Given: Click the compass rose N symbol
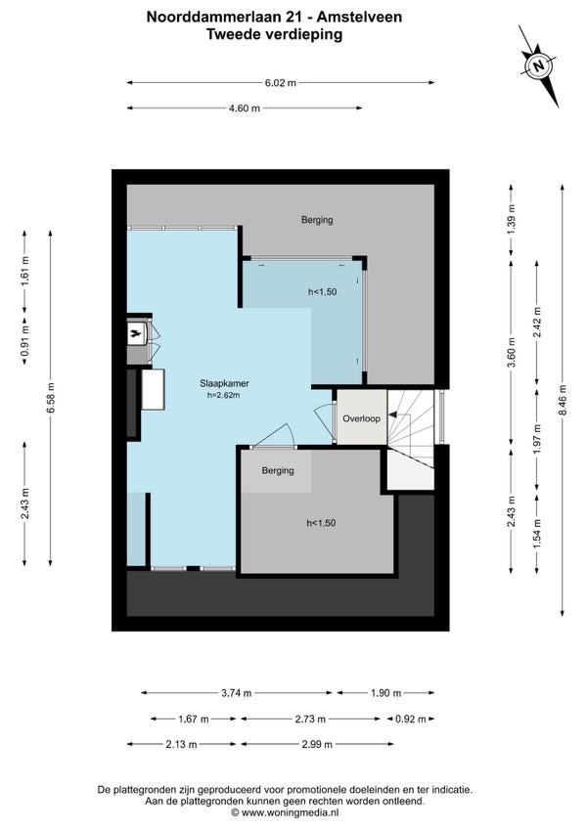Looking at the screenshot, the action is click(x=539, y=66).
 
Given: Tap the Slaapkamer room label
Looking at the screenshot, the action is click(x=224, y=384).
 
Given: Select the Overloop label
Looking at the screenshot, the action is click(x=362, y=418).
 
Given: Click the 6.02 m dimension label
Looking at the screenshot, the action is click(x=281, y=82).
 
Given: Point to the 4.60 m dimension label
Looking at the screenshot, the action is click(x=245, y=109).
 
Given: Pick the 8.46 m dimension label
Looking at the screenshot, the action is click(x=563, y=399).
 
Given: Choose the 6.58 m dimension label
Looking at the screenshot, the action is click(x=50, y=398).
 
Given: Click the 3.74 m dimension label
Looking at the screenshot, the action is click(x=237, y=693).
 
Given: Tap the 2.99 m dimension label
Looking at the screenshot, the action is click(x=317, y=744).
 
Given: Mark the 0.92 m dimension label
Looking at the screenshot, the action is click(x=410, y=720).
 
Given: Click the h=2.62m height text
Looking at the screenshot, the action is click(x=224, y=394).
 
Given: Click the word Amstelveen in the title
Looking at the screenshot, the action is click(x=359, y=17).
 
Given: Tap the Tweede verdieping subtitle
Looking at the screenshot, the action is click(x=274, y=35).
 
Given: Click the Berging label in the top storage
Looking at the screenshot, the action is click(x=317, y=219).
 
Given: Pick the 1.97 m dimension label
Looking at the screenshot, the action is click(x=537, y=439).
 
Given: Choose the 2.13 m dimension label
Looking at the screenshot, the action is click(x=182, y=744).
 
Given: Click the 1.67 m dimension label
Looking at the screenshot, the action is click(x=193, y=720).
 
